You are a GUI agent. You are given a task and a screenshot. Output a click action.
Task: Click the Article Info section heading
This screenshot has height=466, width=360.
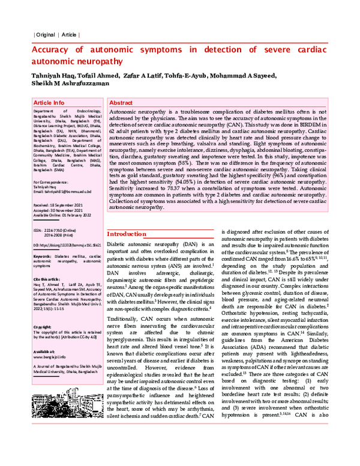(49, 103)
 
